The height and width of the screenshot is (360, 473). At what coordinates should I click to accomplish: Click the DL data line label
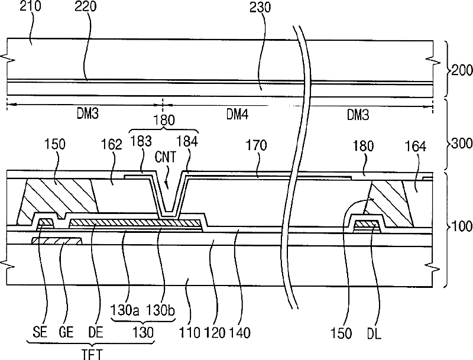tap(374, 334)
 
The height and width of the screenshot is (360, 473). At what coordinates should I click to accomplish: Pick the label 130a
tap(124, 310)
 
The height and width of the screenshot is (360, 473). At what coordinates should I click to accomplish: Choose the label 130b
tap(161, 310)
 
